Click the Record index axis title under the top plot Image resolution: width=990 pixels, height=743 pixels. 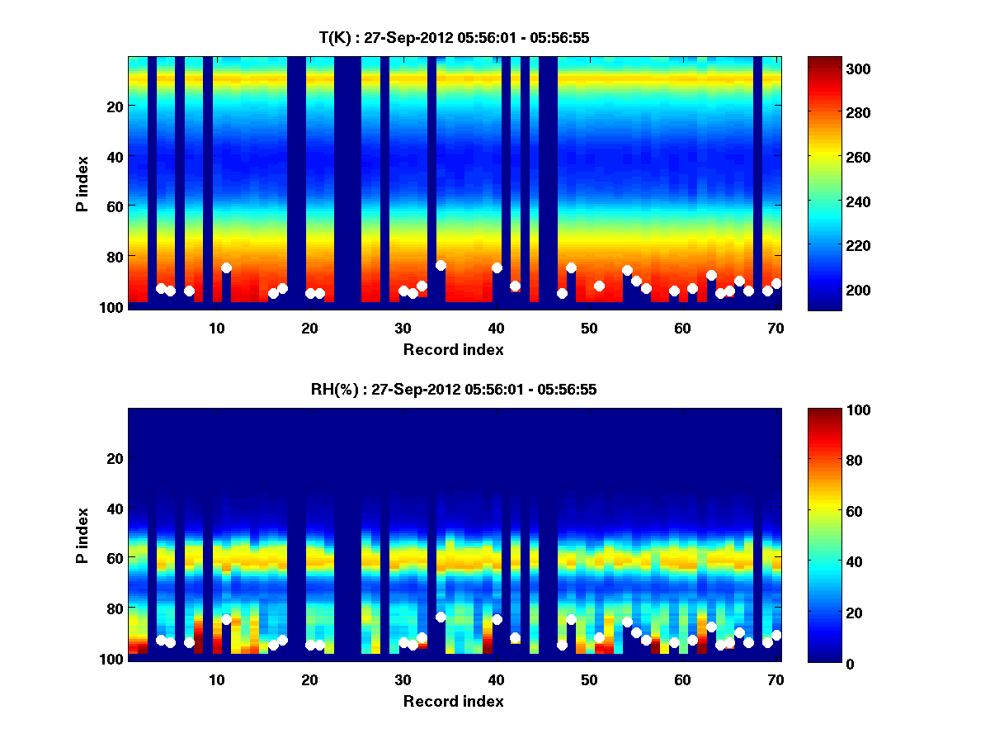[454, 349]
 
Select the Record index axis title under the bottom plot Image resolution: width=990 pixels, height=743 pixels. [454, 702]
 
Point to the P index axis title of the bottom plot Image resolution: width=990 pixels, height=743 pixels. [82, 534]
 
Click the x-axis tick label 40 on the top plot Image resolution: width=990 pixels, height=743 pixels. [496, 328]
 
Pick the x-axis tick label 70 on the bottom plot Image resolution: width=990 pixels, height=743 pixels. [775, 680]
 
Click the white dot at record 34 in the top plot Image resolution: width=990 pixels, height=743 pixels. [441, 265]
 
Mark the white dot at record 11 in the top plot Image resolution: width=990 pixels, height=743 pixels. [226, 267]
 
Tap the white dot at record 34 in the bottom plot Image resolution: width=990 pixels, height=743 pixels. [441, 617]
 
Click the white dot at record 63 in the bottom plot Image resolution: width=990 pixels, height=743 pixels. [711, 627]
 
